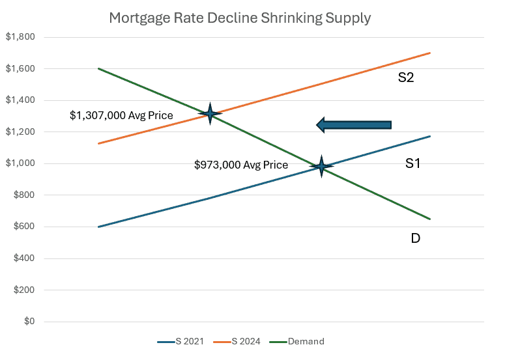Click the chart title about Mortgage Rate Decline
239,18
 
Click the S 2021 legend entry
180,342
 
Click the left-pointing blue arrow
354,124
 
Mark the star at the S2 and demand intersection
210,114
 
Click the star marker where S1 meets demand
321,167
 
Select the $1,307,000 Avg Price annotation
121,116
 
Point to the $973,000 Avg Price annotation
241,165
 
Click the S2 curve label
406,78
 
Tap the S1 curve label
412,163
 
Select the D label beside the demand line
415,238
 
